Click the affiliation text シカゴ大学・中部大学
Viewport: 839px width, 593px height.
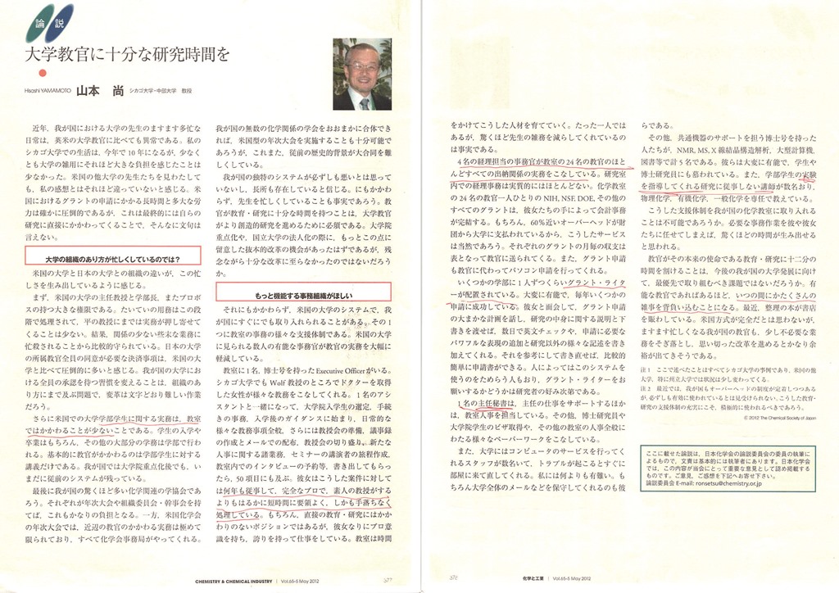155,93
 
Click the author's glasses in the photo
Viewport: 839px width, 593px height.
361,66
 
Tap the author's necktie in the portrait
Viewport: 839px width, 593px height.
363,102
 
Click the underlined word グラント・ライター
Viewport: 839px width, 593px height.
597,283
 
